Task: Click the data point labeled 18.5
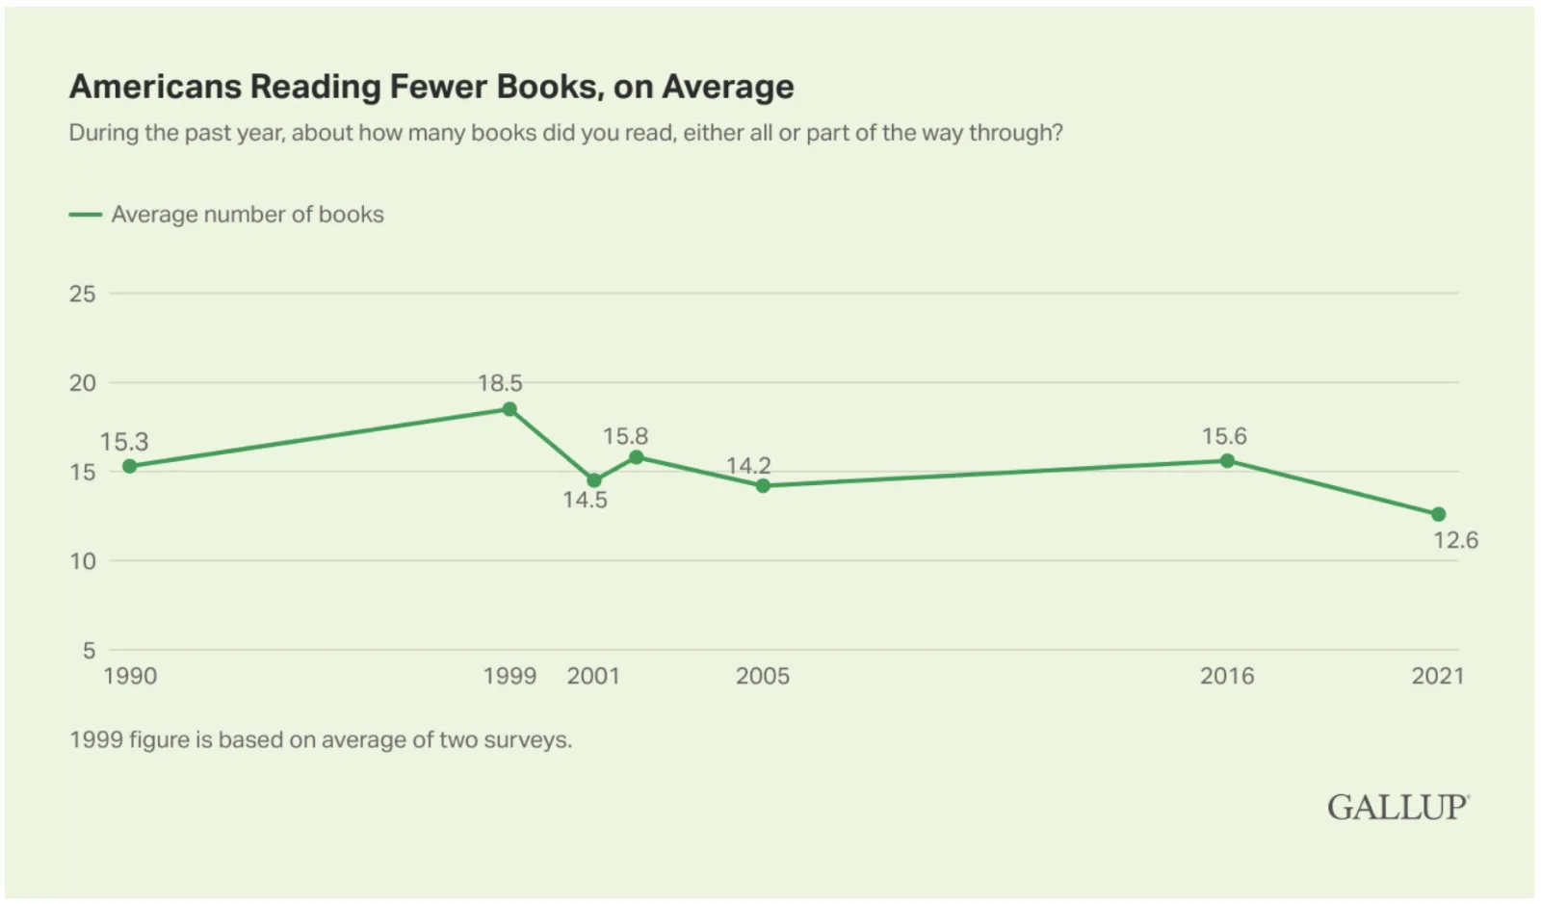pyautogui.click(x=509, y=409)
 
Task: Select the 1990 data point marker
pyautogui.click(x=130, y=466)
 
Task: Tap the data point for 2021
pyautogui.click(x=1438, y=514)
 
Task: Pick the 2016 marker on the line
pyautogui.click(x=1227, y=460)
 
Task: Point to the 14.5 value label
pyautogui.click(x=586, y=500)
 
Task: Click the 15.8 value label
pyautogui.click(x=626, y=436)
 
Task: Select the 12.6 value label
pyautogui.click(x=1455, y=540)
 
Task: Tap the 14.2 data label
pyautogui.click(x=748, y=466)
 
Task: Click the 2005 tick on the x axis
pyautogui.click(x=763, y=676)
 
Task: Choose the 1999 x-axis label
pyautogui.click(x=509, y=676)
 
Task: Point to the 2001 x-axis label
pyautogui.click(x=593, y=676)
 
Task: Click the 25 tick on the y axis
pyautogui.click(x=83, y=294)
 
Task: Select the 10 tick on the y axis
pyautogui.click(x=83, y=561)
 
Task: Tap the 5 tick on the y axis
pyautogui.click(x=89, y=651)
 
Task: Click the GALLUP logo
pyautogui.click(x=1398, y=807)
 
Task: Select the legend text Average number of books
pyautogui.click(x=248, y=215)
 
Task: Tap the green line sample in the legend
pyautogui.click(x=86, y=215)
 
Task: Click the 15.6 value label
pyautogui.click(x=1224, y=436)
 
